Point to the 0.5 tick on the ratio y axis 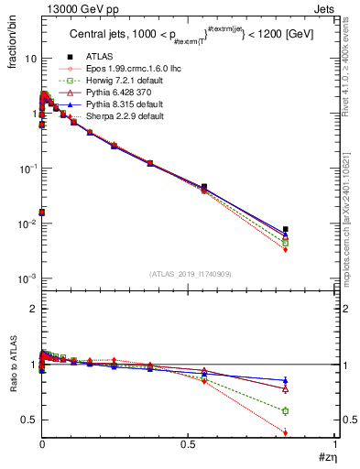(x=27, y=420)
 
